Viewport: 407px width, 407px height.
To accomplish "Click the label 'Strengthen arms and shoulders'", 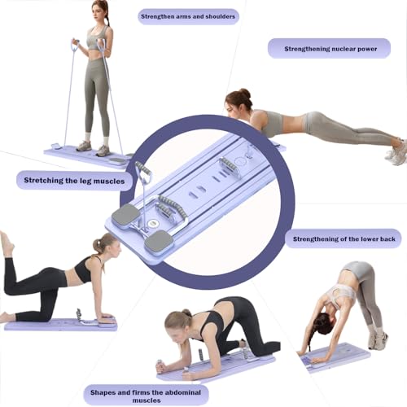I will point(189,15).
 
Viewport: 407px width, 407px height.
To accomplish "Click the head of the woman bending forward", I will point(323,323).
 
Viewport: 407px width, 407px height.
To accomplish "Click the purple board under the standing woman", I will point(81,155).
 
